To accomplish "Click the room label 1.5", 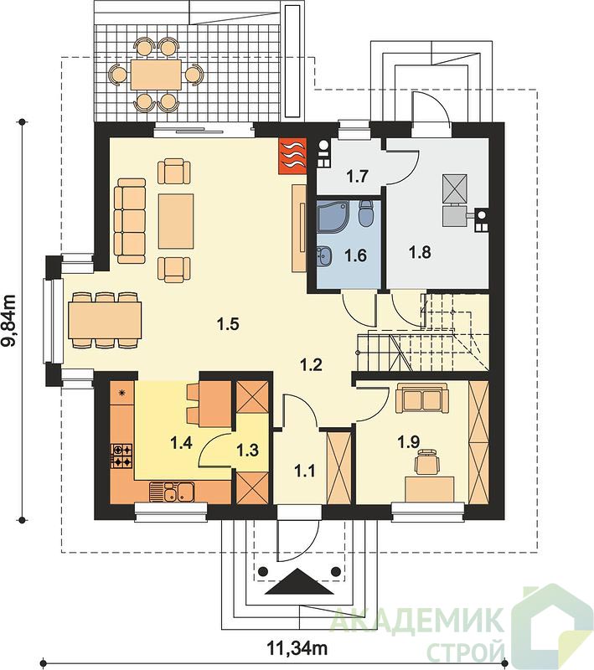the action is [227, 324].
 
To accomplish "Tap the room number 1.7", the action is [357, 176].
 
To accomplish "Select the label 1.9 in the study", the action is [409, 443].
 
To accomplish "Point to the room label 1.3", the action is [248, 450].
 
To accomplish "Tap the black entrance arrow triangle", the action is [299, 582].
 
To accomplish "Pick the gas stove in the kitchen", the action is [121, 456].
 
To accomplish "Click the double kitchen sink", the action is [172, 492].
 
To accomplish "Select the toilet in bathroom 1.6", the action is [366, 214].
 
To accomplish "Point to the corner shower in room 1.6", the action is [333, 216].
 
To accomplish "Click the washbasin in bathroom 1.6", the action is [324, 256].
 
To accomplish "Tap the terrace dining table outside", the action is [157, 75].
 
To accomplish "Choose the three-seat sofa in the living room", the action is [130, 221].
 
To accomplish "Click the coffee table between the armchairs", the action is [176, 221].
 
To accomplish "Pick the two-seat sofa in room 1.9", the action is [422, 398].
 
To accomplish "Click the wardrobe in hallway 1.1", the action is [338, 468].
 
